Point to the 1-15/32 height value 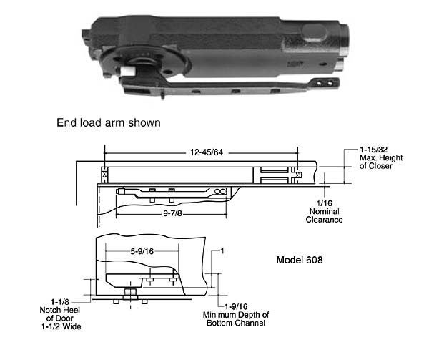click(377, 151)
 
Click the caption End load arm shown click(108, 122)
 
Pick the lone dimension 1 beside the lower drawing click(222, 251)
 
